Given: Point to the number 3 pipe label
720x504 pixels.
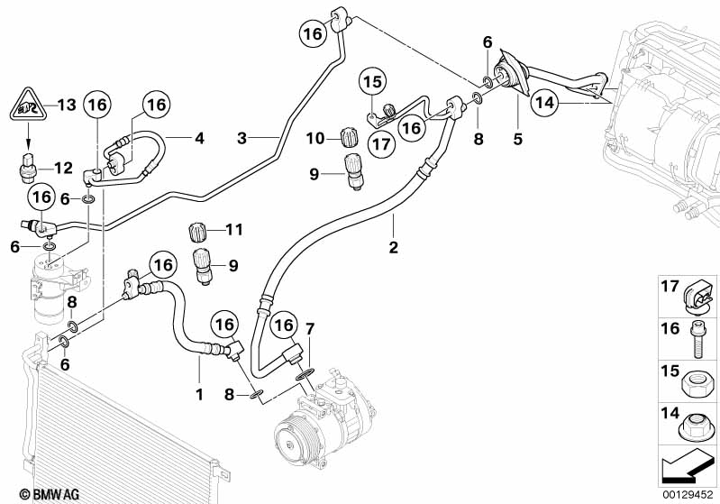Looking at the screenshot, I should tap(242, 138).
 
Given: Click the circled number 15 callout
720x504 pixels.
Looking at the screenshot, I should tap(374, 83).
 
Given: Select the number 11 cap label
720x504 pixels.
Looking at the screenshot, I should tap(234, 231).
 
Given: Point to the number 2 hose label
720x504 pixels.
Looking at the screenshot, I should tap(394, 244).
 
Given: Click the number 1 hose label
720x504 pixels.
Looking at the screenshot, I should tap(199, 394).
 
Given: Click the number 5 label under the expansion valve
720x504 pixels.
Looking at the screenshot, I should tap(516, 139).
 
